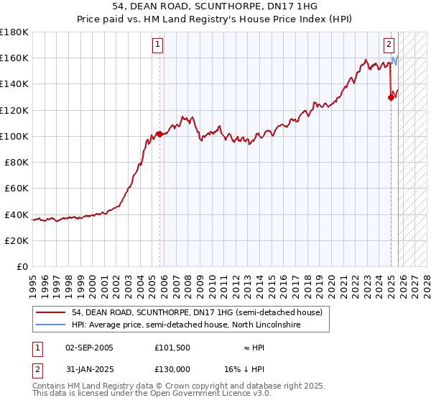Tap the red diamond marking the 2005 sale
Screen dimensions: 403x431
159,134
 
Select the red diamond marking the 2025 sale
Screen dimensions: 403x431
391,97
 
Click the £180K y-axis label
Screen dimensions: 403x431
14,32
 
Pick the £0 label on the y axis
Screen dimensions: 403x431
22,266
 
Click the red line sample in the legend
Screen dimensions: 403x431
50,312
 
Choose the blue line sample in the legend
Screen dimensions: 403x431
50,325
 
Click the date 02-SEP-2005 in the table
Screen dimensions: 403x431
89,348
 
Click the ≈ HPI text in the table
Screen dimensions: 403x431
254,348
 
